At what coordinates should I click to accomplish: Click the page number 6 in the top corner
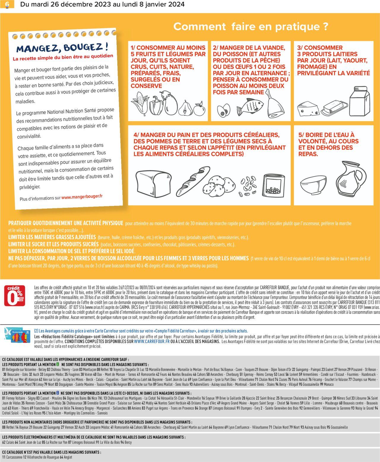click(x=7, y=4)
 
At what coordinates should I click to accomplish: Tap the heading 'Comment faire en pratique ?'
click(x=251, y=26)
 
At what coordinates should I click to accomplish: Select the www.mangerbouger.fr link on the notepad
click(x=82, y=197)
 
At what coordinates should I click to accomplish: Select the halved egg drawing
click(x=223, y=111)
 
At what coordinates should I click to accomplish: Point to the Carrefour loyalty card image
click(x=15, y=334)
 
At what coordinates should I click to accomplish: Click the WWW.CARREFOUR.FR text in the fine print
click(x=152, y=342)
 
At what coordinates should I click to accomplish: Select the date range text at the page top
click(x=102, y=4)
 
